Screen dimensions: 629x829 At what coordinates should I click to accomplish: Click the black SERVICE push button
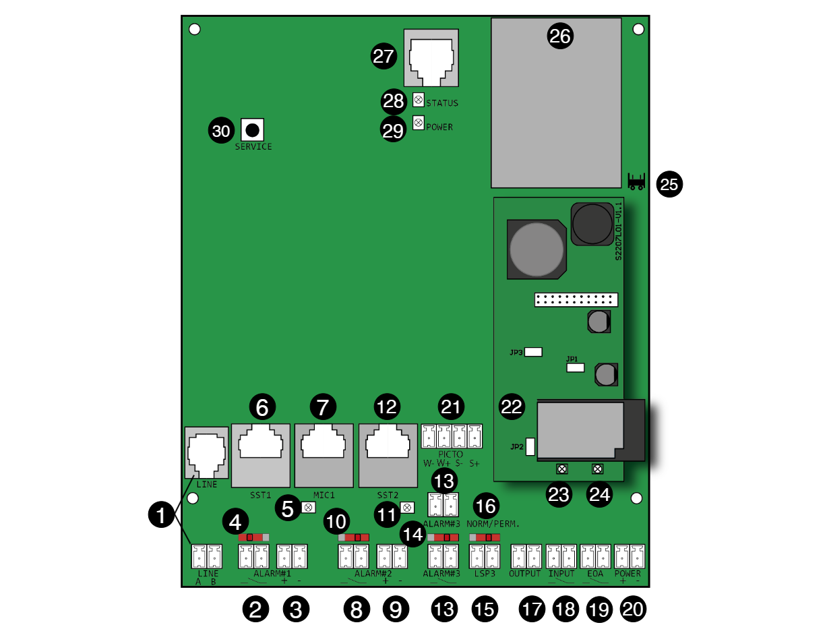[x=252, y=129]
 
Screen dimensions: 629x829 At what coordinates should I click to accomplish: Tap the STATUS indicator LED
[x=418, y=100]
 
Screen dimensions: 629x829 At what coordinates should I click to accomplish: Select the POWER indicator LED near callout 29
[x=418, y=123]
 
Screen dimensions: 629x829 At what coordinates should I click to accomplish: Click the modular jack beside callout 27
[x=431, y=58]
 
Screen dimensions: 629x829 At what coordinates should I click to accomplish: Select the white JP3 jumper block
[x=533, y=352]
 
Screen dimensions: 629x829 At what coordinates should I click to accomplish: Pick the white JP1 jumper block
[x=576, y=368]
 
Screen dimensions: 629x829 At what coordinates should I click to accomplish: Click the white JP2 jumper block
[x=530, y=446]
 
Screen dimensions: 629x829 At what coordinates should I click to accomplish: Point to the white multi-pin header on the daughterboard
[x=576, y=300]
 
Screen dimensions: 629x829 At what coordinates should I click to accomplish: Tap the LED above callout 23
[x=561, y=469]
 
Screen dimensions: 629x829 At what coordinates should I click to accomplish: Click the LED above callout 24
[x=597, y=469]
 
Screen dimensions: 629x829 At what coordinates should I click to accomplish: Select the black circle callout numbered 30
[x=221, y=131]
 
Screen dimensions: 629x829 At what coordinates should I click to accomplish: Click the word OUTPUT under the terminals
[x=525, y=574]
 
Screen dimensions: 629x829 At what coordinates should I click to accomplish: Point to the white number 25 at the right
[x=669, y=185]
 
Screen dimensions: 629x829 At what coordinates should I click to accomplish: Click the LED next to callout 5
[x=308, y=507]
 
